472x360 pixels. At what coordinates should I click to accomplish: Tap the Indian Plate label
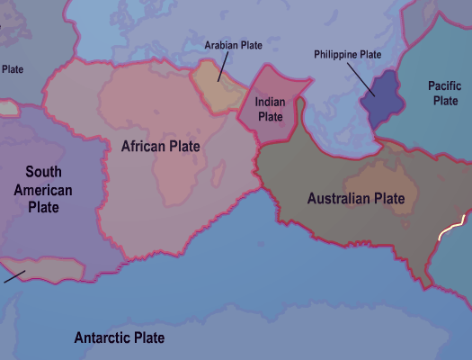point(271,110)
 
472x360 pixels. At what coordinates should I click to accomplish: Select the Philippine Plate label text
point(348,55)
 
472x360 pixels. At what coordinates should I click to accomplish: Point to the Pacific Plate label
point(445,93)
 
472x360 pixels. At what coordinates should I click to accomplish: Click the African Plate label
point(161,145)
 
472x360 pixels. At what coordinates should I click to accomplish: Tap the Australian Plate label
point(356,198)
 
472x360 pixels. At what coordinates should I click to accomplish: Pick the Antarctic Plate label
point(120,338)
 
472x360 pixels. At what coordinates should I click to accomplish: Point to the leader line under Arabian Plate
point(221,67)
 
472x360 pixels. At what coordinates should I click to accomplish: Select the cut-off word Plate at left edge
point(12,68)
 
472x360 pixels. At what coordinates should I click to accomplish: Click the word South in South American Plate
point(43,171)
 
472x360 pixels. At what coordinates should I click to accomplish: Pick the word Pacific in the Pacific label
point(445,85)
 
